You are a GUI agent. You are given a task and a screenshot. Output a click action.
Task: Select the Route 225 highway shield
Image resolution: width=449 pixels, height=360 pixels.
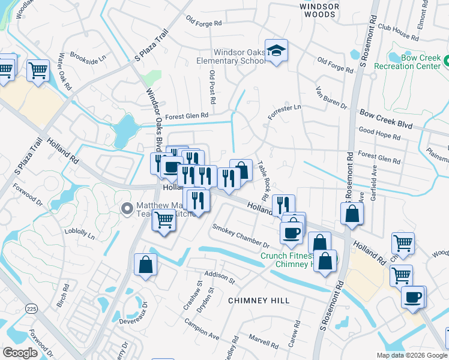(x=31, y=308)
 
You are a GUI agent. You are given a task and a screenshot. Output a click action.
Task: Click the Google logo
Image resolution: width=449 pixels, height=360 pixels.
(x=20, y=353)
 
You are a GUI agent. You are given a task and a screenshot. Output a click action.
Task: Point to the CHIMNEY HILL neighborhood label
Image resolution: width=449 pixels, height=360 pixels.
(x=258, y=300)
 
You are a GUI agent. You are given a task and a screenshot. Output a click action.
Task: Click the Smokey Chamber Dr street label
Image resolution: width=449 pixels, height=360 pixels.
(x=241, y=236)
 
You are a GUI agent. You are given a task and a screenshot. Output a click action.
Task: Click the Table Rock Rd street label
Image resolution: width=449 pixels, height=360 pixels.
(x=262, y=181)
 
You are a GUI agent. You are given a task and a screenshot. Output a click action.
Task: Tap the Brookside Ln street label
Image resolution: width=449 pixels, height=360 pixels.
(x=88, y=58)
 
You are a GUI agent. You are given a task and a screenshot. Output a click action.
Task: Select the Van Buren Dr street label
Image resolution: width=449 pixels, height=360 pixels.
(x=331, y=98)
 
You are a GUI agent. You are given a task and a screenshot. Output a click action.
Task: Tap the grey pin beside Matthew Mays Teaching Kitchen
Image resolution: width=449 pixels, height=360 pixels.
(x=127, y=209)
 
